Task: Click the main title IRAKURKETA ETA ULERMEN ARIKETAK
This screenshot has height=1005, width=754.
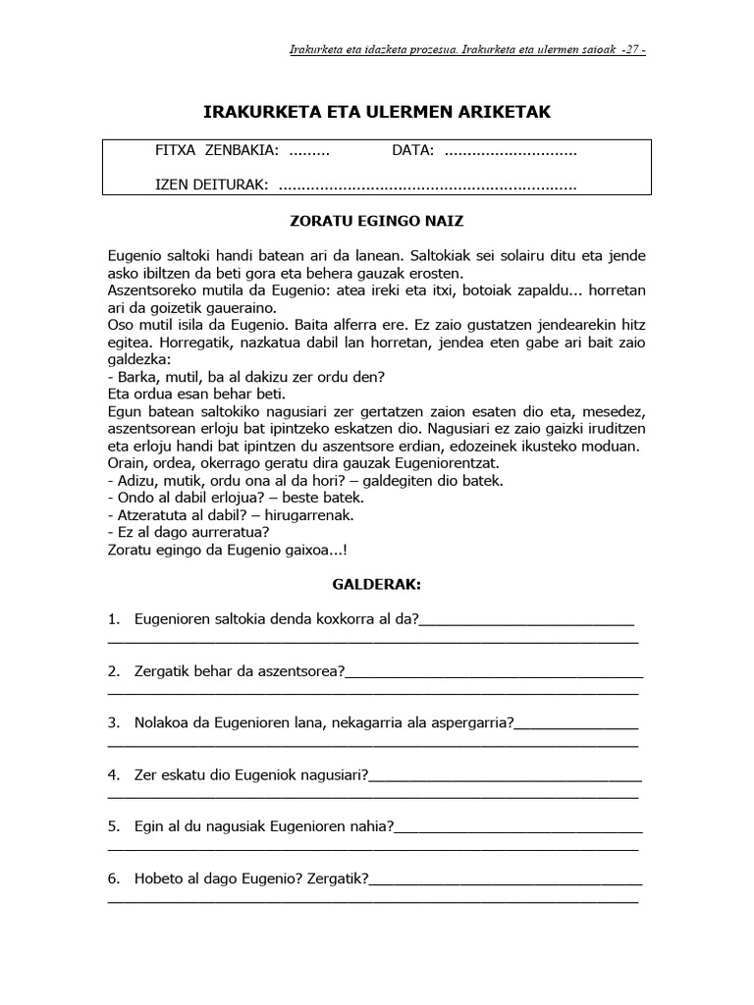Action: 377,113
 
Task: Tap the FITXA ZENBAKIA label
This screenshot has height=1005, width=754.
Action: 217,152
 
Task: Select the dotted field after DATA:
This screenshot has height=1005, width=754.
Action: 511,152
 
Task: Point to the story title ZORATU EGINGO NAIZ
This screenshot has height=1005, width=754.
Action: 377,223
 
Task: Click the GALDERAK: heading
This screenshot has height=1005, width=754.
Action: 377,585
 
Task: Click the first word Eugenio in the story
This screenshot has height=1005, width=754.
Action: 135,255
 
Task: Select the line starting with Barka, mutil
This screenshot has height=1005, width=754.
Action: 245,377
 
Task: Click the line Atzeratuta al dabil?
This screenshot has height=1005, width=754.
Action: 230,514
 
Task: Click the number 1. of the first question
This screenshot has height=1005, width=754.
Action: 114,618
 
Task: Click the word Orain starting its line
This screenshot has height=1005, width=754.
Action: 127,462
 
